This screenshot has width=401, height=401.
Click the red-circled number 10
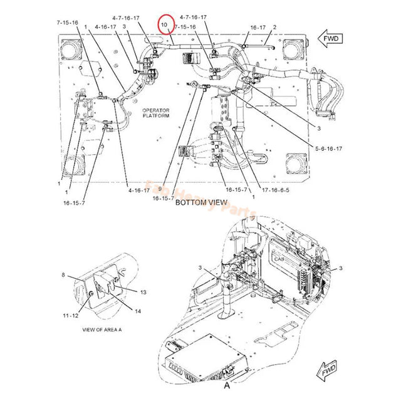[164, 24]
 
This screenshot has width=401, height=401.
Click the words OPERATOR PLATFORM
[155, 112]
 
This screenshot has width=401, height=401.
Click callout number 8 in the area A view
[63, 275]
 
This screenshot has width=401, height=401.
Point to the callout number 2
[274, 28]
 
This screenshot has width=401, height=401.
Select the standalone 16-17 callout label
[258, 28]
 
